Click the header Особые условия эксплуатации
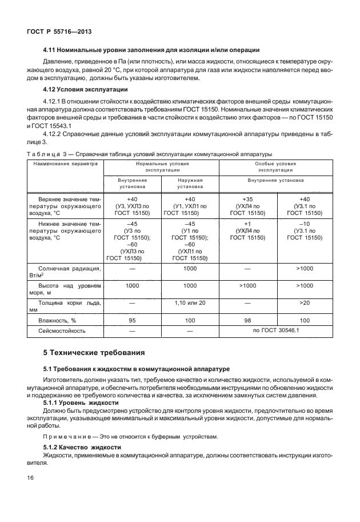coord(275,167)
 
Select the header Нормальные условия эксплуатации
coord(162,167)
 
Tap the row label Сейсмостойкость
coord(62,330)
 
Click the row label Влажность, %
coord(57,321)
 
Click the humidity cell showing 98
coord(247,321)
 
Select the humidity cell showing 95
coord(132,321)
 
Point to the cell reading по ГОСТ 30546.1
coord(275,330)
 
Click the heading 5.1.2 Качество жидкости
coord(83,446)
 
